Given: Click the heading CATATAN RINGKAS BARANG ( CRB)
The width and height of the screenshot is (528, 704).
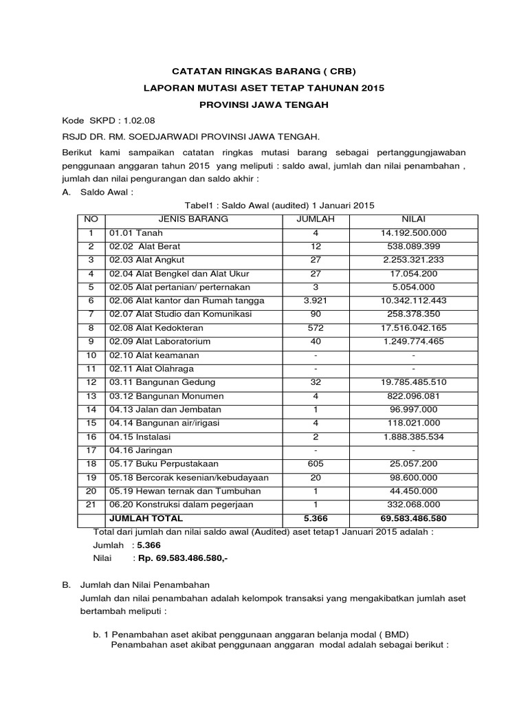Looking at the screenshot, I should (x=264, y=71).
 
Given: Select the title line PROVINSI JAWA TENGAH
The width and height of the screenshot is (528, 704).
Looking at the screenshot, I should (x=264, y=104).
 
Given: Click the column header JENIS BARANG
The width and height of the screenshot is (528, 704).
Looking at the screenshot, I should (x=193, y=219).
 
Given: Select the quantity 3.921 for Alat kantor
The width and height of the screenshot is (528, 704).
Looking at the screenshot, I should (x=316, y=300).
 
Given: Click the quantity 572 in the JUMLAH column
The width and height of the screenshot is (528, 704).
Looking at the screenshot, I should (x=316, y=328).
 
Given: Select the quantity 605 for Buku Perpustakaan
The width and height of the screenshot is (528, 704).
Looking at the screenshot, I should (x=316, y=463).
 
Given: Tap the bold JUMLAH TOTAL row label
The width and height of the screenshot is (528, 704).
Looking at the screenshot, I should (x=146, y=518).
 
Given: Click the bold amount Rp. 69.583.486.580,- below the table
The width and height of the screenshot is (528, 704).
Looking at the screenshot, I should (x=183, y=558).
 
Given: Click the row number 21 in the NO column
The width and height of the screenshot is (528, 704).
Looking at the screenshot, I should (x=91, y=504).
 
